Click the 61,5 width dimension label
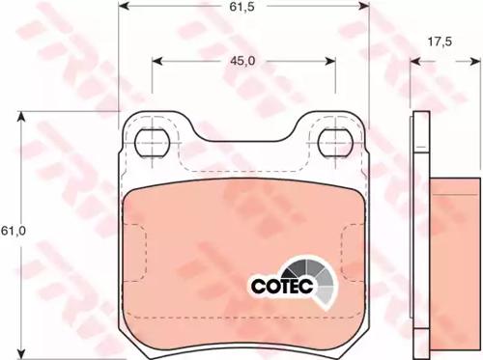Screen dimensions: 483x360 [x=241, y=7]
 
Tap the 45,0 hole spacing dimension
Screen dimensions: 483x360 [x=242, y=61]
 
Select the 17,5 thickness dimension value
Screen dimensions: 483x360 [x=440, y=42]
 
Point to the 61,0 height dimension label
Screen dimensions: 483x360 [x=14, y=231]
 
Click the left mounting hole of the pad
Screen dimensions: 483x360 [x=153, y=143]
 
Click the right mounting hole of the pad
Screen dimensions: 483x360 [x=335, y=143]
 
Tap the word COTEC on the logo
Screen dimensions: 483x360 [x=282, y=286]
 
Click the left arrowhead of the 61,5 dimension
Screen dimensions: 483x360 [x=124, y=6]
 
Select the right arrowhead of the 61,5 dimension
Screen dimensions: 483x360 [x=364, y=6]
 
